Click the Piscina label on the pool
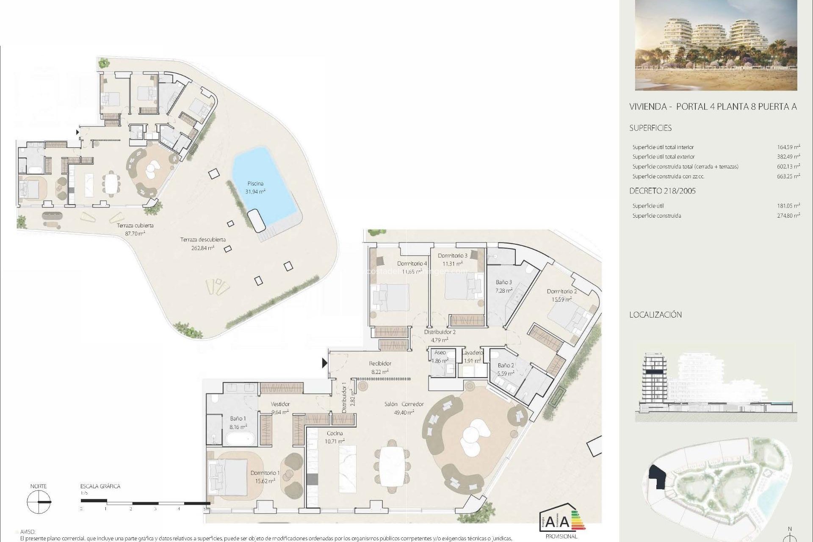point(255,184)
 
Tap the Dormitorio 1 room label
point(265,473)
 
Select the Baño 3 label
point(504,282)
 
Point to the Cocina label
point(335,434)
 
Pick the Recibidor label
point(380,364)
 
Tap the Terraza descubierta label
point(203,240)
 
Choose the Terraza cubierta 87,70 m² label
point(135,229)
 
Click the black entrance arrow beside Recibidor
point(324,363)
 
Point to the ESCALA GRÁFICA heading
point(100,487)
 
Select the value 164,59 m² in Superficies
point(788,147)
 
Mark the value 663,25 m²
point(788,177)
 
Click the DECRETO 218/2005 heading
point(662,191)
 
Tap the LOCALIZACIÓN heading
point(655,315)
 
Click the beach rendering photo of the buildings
point(716,45)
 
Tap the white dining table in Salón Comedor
point(392,467)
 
